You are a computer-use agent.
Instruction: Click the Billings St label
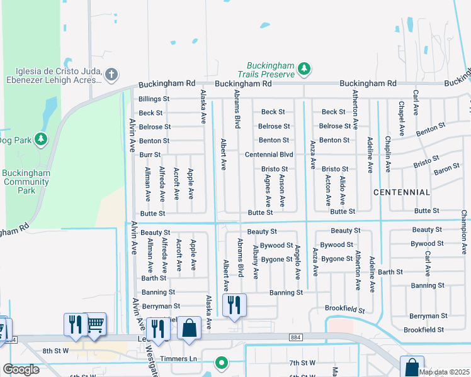[154, 99]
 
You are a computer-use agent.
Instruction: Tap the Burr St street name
[150, 154]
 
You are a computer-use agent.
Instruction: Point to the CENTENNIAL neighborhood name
[402, 192]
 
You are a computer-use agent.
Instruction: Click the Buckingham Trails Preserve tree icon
[305, 67]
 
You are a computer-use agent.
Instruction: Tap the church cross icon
[111, 75]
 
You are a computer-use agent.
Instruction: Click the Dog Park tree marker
[42, 138]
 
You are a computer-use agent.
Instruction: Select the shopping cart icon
[95, 324]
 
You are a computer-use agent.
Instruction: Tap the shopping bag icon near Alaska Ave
[189, 327]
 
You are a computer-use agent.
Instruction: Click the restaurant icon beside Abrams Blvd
[234, 305]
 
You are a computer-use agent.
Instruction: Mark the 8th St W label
[55, 351]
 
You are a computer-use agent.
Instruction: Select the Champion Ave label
[465, 232]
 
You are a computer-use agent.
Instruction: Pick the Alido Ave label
[343, 190]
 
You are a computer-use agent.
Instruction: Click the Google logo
[21, 369]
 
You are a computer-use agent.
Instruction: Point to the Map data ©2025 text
[444, 372]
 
